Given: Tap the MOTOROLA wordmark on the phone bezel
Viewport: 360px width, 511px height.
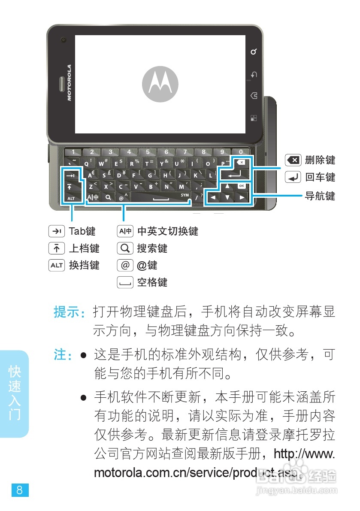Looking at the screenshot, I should point(69,82).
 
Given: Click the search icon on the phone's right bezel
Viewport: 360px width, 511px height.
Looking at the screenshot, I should point(254,52).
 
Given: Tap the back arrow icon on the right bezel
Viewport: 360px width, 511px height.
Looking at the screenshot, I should point(254,75).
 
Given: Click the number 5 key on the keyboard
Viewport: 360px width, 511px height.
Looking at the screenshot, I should point(148,152).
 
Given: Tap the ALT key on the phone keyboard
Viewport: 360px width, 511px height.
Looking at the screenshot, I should point(71,198).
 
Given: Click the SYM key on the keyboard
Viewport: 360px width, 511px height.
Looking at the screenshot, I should point(185,195).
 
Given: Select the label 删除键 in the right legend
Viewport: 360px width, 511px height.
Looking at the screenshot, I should point(320,160).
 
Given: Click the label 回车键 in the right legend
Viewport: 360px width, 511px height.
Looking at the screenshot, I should point(320,177).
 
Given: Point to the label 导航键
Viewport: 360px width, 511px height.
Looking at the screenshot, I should point(320,197).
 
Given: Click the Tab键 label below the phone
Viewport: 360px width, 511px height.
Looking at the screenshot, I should point(82,231).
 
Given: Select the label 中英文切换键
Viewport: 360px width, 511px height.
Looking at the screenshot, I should point(167,231).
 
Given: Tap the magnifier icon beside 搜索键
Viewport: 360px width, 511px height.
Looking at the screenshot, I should point(125,248).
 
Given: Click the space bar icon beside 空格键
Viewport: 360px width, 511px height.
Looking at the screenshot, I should point(125,282).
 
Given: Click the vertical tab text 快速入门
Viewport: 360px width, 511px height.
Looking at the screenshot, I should point(15,393).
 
